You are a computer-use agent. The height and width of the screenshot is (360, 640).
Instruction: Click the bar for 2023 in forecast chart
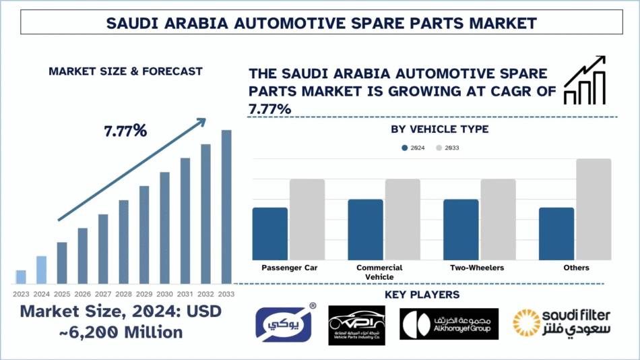(x=21, y=277)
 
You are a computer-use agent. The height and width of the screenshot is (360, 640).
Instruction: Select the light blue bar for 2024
(x=41, y=270)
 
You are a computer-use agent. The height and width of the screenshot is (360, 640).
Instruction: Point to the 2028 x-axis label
(x=123, y=294)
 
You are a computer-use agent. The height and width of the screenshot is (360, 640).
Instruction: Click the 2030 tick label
(x=164, y=294)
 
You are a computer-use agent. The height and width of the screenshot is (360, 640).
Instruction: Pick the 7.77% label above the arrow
(x=125, y=131)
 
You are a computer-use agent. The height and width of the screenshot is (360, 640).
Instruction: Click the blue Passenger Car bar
(x=270, y=233)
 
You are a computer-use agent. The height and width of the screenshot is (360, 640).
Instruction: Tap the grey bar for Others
(x=594, y=209)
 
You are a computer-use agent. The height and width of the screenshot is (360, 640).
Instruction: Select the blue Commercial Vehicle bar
(x=365, y=229)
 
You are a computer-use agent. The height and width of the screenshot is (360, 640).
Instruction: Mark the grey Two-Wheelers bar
(x=499, y=219)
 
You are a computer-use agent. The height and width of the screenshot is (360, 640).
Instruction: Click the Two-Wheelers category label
(x=477, y=268)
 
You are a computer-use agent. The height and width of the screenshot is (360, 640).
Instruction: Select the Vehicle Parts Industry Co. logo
(x=356, y=325)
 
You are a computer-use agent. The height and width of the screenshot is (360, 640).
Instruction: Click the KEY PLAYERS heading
(x=422, y=295)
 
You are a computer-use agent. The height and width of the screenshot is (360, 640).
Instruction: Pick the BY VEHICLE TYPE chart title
(x=439, y=129)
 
